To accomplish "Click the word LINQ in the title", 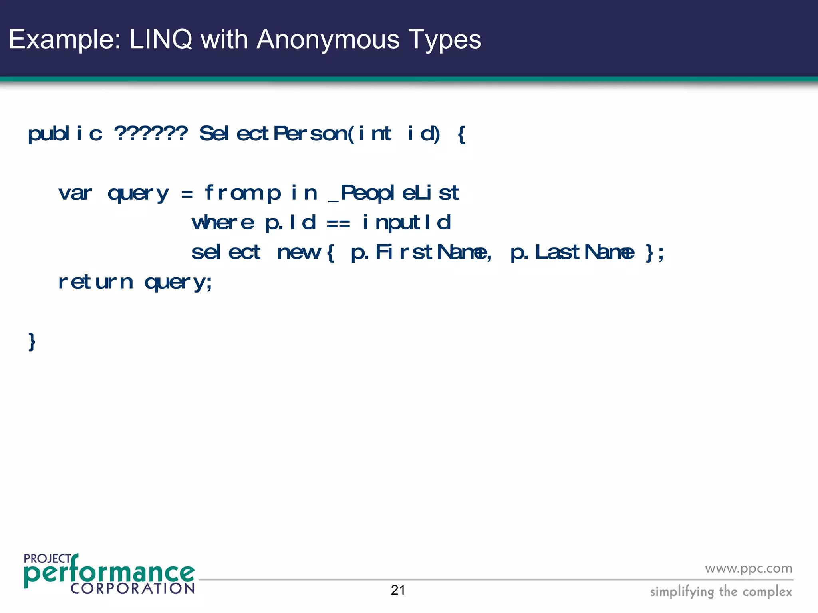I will tap(161, 40).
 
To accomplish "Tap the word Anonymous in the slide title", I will tap(328, 40).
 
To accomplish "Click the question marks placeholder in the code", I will tap(151, 133).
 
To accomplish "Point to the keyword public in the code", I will tap(65, 133).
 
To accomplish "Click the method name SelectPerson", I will tap(276, 133).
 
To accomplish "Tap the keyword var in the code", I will tap(75, 193).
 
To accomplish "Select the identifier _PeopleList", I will tap(393, 193).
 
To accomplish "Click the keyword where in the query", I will tap(222, 223).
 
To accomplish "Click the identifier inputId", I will tap(406, 223).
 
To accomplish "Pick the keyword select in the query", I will tap(226, 252).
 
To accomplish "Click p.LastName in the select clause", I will tap(572, 252).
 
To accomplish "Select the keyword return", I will tap(95, 282).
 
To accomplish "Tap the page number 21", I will tap(398, 590).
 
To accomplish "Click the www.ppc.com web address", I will tap(749, 568).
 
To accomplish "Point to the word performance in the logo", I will tap(109, 573).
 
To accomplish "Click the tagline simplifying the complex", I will tap(721, 591).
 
